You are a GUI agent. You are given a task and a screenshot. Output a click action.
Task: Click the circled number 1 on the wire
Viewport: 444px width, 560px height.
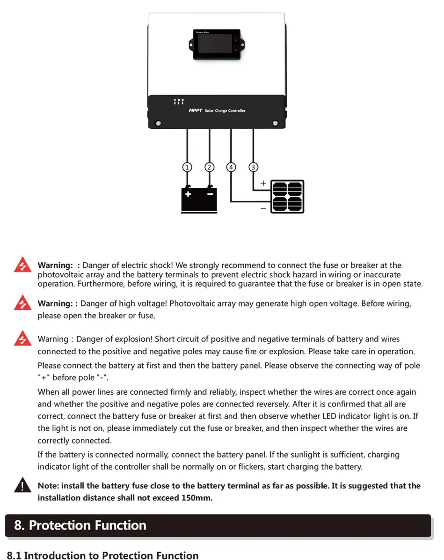[187, 167]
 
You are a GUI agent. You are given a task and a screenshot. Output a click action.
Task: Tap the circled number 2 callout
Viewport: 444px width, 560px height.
[210, 167]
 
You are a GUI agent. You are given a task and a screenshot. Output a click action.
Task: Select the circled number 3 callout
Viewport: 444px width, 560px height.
[254, 167]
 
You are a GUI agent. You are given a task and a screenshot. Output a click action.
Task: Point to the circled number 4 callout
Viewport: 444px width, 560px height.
[231, 167]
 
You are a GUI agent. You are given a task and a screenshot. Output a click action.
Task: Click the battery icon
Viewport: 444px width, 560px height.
[199, 199]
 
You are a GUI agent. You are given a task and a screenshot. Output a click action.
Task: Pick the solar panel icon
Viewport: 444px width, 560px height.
[287, 197]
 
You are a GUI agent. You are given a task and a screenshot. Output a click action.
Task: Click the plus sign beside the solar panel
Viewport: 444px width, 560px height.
[263, 184]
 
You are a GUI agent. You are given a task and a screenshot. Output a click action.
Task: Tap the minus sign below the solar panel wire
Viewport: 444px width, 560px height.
[263, 207]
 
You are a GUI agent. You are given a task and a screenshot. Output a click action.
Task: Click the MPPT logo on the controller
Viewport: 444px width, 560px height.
[195, 111]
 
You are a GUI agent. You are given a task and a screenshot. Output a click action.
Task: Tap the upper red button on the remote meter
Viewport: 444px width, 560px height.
[236, 39]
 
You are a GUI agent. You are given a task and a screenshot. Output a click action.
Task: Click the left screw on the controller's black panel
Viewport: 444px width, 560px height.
[158, 123]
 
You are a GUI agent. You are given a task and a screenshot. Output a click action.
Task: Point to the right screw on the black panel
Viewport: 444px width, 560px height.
[275, 123]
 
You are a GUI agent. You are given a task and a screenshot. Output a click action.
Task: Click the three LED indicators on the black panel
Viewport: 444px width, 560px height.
[179, 101]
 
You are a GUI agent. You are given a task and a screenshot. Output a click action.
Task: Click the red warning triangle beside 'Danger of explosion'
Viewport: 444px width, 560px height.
[22, 338]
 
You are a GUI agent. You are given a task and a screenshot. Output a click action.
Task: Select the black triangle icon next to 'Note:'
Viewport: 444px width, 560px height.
[22, 485]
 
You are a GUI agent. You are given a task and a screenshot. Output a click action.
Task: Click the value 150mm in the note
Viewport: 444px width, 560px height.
[197, 498]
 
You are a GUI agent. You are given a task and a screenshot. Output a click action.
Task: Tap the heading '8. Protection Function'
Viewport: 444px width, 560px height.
[80, 525]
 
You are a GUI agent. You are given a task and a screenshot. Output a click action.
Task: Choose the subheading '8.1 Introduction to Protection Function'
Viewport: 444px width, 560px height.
[103, 555]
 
